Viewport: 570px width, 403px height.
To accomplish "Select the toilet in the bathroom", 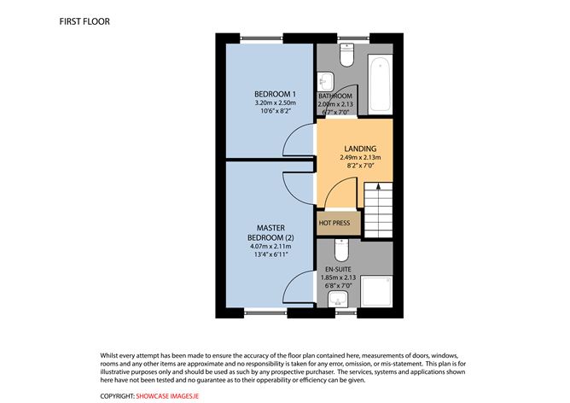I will [x=346, y=56].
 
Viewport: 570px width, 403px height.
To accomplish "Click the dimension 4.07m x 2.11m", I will [x=269, y=247].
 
